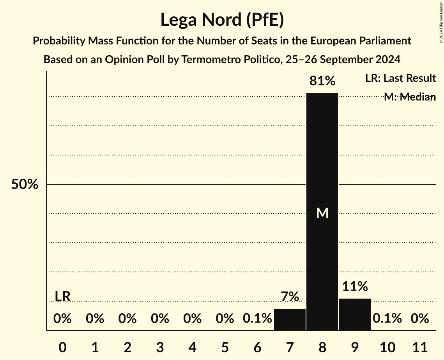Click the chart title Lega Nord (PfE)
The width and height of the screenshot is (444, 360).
pyautogui.click(x=222, y=20)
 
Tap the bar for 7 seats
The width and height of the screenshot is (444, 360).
pyautogui.click(x=290, y=319)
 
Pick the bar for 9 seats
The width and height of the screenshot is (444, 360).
pyautogui.click(x=355, y=314)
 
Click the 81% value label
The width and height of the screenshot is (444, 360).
pyautogui.click(x=322, y=81)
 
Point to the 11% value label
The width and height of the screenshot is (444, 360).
pyautogui.click(x=355, y=287)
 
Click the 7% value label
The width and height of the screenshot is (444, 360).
pyautogui.click(x=290, y=297)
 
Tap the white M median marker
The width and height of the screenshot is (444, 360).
pyautogui.click(x=322, y=213)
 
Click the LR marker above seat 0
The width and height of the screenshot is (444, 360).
pyautogui.click(x=62, y=296)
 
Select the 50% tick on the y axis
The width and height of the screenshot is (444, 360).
pyautogui.click(x=25, y=185)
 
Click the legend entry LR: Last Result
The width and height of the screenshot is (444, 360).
pyautogui.click(x=400, y=78)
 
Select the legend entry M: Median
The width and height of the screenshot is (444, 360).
pyautogui.click(x=409, y=97)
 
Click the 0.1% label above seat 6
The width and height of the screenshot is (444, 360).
pyautogui.click(x=257, y=319)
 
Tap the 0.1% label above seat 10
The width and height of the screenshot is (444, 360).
pyautogui.click(x=387, y=319)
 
